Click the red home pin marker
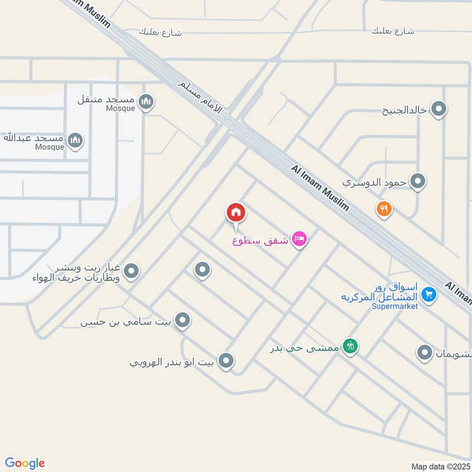pyautogui.click(x=236, y=212)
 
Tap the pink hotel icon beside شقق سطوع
pyautogui.click(x=299, y=240)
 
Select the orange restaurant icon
pyautogui.click(x=384, y=208)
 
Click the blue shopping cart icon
pyautogui.click(x=429, y=294)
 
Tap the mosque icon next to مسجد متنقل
pyautogui.click(x=147, y=101)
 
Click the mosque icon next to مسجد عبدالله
pyautogui.click(x=74, y=140)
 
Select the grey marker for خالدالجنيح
pyautogui.click(x=438, y=109)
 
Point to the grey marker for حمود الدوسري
pyautogui.click(x=418, y=181)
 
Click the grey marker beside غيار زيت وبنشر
pyautogui.click(x=131, y=271)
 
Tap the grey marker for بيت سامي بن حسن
pyautogui.click(x=183, y=320)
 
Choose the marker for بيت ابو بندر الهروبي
pyautogui.click(x=225, y=360)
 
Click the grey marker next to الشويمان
pyautogui.click(x=425, y=353)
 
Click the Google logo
pyautogui.click(x=25, y=463)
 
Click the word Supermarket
pyautogui.click(x=395, y=306)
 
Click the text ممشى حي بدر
pyautogui.click(x=305, y=348)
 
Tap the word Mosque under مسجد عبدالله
pyautogui.click(x=50, y=147)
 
